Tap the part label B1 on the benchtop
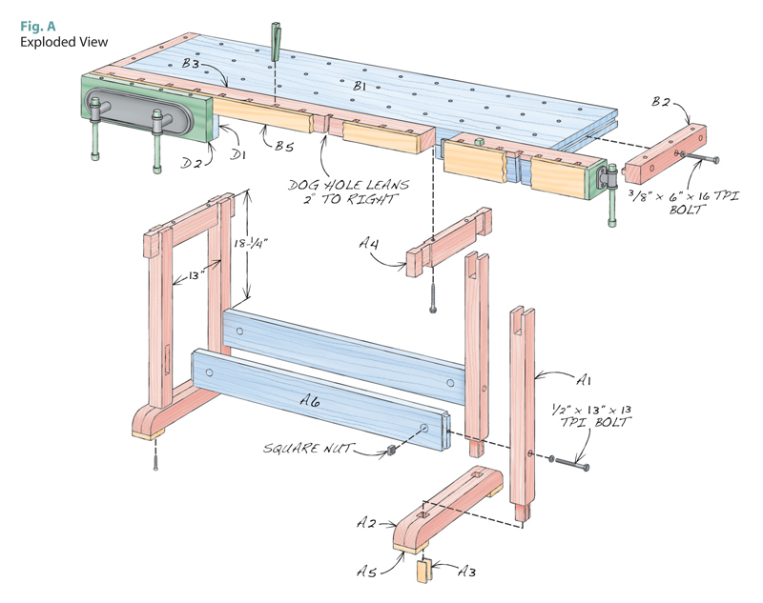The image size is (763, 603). click(360, 87)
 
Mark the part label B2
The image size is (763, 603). click(663, 102)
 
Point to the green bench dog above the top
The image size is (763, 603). click(275, 39)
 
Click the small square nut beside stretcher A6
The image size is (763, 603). click(391, 448)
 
